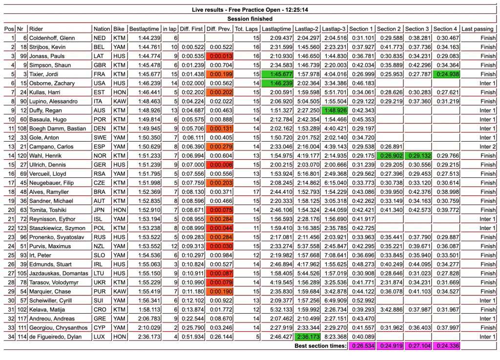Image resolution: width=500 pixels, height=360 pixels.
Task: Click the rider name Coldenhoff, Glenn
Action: pyautogui.click(x=52, y=38)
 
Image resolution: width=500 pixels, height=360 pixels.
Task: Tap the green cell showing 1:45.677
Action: pyautogui.click(x=277, y=74)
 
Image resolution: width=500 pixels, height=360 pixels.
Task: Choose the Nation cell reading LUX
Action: pyautogui.click(x=100, y=337)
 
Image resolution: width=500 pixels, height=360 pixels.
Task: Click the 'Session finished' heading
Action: pyautogui.click(x=250, y=19)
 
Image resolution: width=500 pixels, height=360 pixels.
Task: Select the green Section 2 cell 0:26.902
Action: pyautogui.click(x=389, y=156)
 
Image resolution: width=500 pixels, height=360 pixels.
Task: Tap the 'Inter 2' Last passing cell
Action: pyautogui.click(x=487, y=147)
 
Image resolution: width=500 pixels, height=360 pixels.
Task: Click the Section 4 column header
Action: pyautogui.click(x=446, y=29)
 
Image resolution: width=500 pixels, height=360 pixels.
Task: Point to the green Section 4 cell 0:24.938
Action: pyautogui.click(x=446, y=74)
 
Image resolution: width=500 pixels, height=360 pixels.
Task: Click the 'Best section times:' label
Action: pyautogui.click(x=320, y=346)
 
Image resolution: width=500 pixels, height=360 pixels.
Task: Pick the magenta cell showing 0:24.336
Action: pyautogui.click(x=446, y=346)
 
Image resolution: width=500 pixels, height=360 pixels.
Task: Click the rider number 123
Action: pyautogui.click(x=21, y=228)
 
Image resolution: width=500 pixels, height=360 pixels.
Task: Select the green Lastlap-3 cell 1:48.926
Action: pyautogui.click(x=334, y=110)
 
